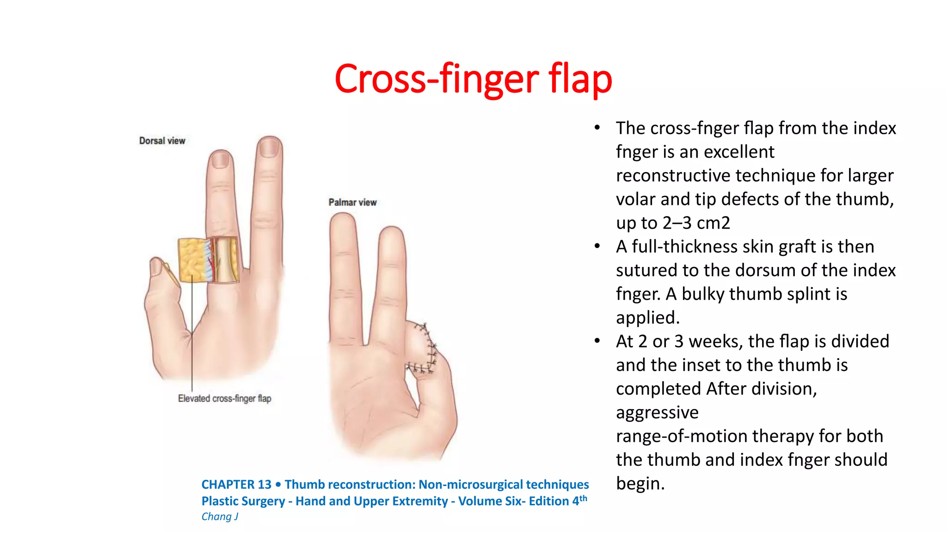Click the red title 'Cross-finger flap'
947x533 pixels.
click(473, 79)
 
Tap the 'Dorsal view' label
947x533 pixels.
click(162, 141)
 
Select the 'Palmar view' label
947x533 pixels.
click(352, 202)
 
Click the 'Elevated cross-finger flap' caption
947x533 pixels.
click(224, 398)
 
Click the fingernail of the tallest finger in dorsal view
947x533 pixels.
click(269, 148)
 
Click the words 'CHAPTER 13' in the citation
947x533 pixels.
click(236, 484)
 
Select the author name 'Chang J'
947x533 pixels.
click(220, 516)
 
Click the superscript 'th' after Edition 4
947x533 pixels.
click(583, 498)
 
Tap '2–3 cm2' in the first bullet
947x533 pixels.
click(696, 223)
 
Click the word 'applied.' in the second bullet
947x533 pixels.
click(647, 318)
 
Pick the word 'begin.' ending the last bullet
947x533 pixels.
click(640, 483)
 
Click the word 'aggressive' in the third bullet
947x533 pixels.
click(657, 412)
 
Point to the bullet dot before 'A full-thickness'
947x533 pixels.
click(597, 246)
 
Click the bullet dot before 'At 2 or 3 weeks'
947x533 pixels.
click(597, 341)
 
